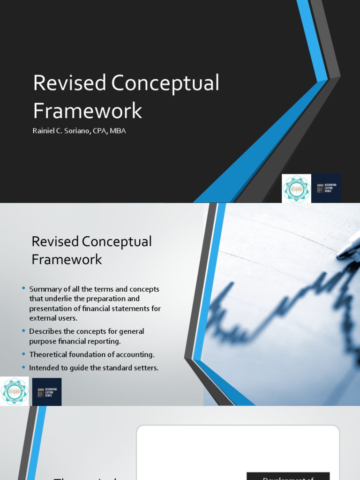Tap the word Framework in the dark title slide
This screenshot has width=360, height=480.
(x=87, y=111)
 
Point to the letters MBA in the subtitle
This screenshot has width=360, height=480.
(x=118, y=131)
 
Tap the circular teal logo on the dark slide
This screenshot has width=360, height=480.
(x=296, y=189)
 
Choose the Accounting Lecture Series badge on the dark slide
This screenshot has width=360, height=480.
(x=327, y=189)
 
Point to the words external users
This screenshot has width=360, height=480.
(x=53, y=318)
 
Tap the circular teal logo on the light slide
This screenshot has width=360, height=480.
(x=14, y=392)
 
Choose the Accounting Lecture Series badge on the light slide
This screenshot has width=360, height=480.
(x=47, y=392)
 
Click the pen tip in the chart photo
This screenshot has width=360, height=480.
(x=339, y=255)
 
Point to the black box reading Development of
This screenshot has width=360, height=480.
(x=288, y=476)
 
